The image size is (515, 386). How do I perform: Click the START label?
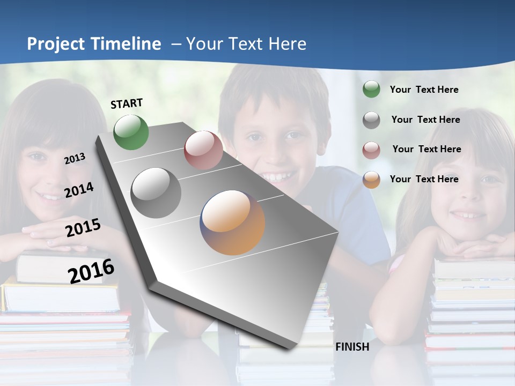[x=127, y=103]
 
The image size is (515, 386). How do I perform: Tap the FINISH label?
[x=352, y=347]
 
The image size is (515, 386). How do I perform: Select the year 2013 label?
[x=75, y=159]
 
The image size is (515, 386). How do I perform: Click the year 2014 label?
[x=79, y=190]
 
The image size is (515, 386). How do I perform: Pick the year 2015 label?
[x=83, y=228]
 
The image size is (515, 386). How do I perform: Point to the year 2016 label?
[x=91, y=271]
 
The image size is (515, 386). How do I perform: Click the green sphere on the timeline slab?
[x=131, y=132]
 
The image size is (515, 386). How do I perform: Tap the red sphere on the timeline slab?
[x=203, y=150]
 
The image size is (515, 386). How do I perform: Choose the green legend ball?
[x=371, y=90]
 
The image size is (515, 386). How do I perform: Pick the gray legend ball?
[x=371, y=120]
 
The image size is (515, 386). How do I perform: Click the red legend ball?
[x=371, y=150]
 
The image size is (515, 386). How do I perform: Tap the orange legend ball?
[x=371, y=179]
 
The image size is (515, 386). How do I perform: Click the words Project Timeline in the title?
[x=94, y=44]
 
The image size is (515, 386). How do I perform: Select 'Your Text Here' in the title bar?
[x=246, y=44]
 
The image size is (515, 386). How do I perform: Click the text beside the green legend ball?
[x=424, y=90]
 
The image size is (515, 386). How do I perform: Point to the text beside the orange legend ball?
[x=424, y=179]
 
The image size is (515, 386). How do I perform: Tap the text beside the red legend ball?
[x=426, y=149]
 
